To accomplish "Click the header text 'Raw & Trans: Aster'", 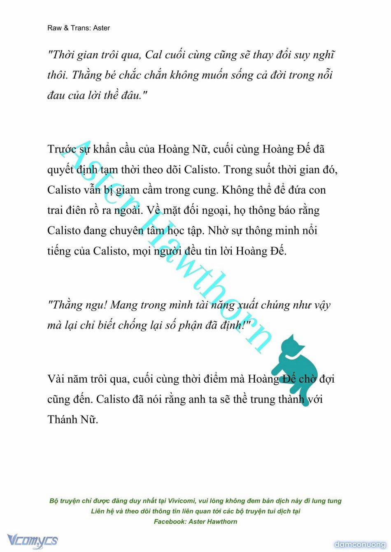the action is click(x=79, y=28).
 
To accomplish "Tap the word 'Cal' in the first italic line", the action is click(x=154, y=55).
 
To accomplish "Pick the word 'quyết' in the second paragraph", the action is click(x=60, y=169).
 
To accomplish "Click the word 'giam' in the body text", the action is click(x=127, y=190).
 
